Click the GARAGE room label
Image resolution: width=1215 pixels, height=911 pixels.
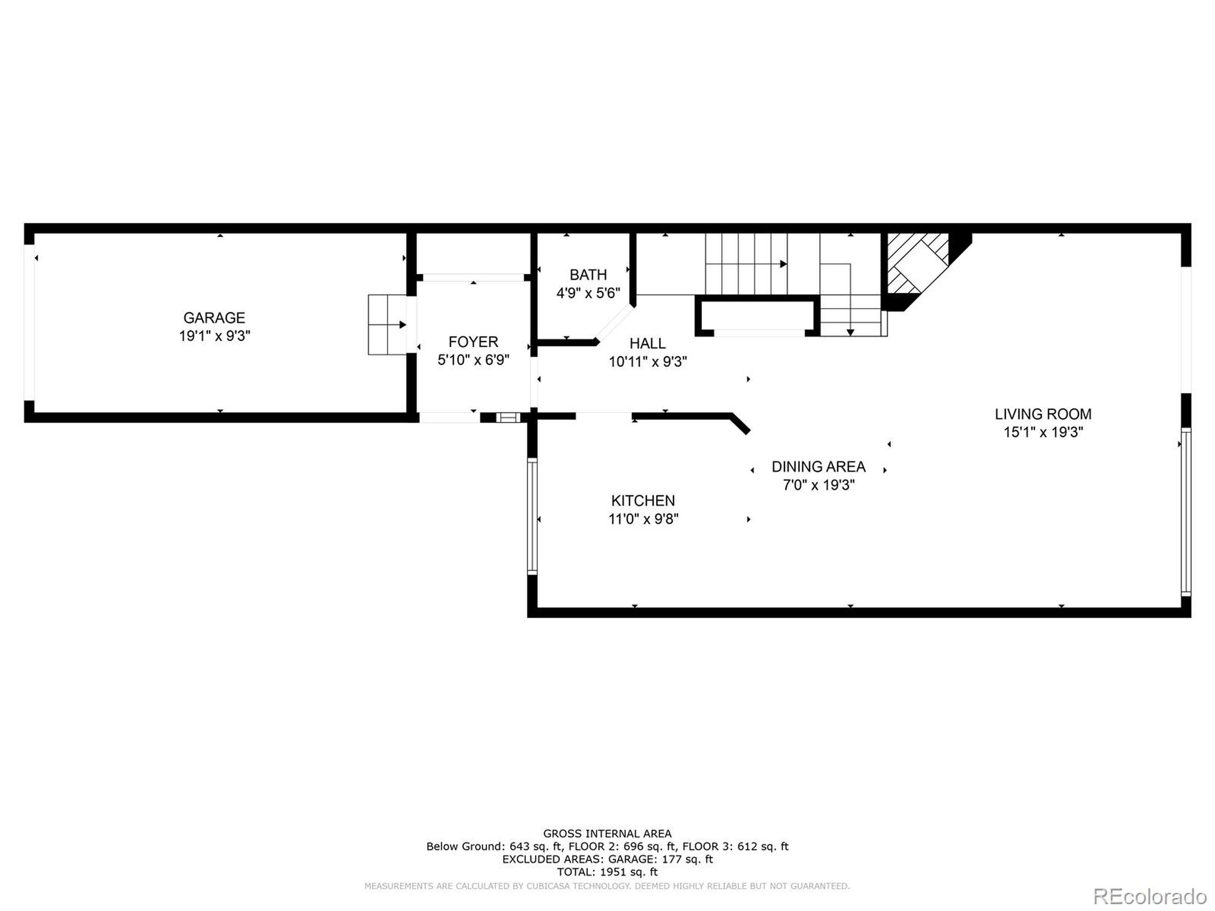(x=214, y=317)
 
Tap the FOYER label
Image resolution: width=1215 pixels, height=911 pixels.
(x=473, y=342)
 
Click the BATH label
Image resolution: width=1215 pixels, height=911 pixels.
(x=588, y=275)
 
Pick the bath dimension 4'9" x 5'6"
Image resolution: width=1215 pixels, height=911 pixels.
(x=588, y=293)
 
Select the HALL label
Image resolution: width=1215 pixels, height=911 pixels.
(x=647, y=343)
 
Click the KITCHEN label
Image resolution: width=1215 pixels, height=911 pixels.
(x=643, y=500)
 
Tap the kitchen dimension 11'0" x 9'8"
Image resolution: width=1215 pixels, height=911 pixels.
(x=643, y=519)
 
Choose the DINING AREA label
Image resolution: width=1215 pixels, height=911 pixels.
(x=818, y=467)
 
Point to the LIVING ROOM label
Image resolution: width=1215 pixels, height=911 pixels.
(x=1043, y=414)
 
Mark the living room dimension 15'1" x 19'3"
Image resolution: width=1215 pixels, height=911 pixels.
(x=1043, y=432)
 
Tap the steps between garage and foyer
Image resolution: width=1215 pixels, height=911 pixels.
(x=387, y=325)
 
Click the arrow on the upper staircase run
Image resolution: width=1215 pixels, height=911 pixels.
(x=783, y=264)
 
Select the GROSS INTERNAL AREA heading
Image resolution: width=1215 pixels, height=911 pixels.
(x=607, y=834)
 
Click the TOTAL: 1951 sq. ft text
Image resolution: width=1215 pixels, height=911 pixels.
(x=607, y=872)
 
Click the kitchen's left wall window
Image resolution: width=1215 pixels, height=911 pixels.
(x=532, y=516)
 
